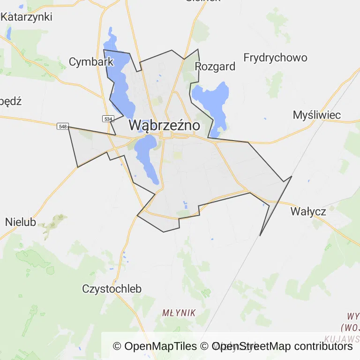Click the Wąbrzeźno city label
click(164, 126)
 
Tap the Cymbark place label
click(91, 61)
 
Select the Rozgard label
click(215, 66)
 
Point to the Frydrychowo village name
click(275, 58)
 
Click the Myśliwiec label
click(316, 115)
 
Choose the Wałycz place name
click(308, 211)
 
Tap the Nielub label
click(21, 222)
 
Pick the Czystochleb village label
click(112, 289)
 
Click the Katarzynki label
click(26, 17)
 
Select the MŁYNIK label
click(179, 313)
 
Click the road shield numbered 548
click(62, 127)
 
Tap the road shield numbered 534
click(108, 119)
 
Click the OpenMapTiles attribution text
click(155, 346)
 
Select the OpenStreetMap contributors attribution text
click(283, 346)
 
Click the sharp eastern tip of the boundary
click(292, 176)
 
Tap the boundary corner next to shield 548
click(68, 127)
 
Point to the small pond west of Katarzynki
click(9, 33)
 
